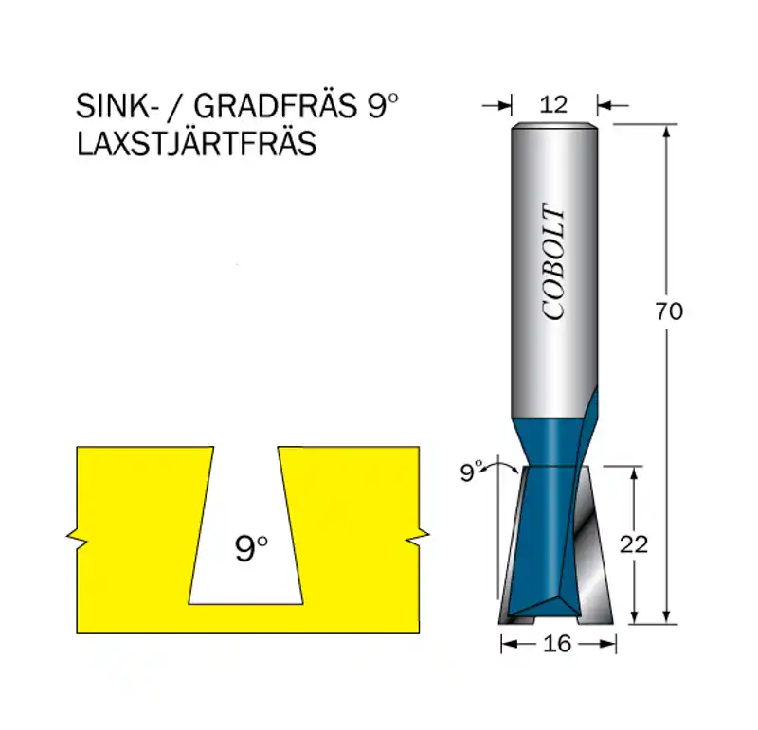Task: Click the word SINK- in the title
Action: [x=114, y=106]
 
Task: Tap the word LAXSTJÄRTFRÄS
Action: [x=196, y=144]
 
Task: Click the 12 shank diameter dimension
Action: [x=553, y=105]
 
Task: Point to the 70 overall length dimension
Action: [x=669, y=312]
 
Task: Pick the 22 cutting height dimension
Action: [x=633, y=545]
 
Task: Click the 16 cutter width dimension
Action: [x=557, y=644]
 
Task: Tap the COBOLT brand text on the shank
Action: [x=553, y=262]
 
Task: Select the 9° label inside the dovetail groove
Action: [x=251, y=548]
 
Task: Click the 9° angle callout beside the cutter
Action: [x=471, y=472]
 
